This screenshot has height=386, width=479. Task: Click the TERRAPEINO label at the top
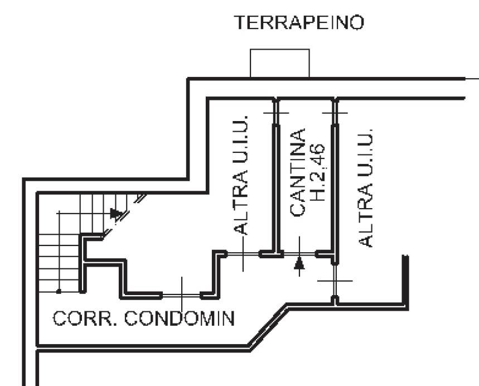(x=299, y=23)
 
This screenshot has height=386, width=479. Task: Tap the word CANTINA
(x=298, y=172)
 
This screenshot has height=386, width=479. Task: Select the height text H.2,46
(x=317, y=172)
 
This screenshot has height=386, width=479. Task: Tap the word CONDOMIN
(x=180, y=319)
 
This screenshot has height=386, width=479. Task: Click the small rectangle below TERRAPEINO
(x=279, y=63)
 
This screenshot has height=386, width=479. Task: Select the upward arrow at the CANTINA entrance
(x=299, y=264)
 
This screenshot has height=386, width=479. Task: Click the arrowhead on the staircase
(x=116, y=213)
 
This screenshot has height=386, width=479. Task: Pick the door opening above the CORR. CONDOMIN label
(x=182, y=294)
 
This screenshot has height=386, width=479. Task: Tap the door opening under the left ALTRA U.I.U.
(x=243, y=254)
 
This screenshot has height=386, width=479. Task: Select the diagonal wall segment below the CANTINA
(x=268, y=325)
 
